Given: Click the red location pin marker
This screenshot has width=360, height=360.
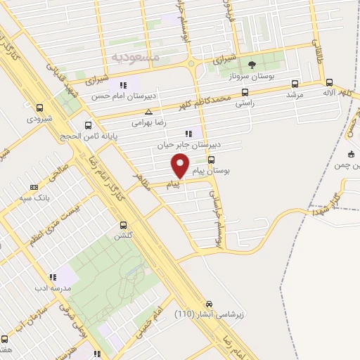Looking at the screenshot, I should pyautogui.click(x=181, y=166).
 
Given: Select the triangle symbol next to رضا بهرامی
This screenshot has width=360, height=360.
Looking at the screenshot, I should pyautogui.click(x=148, y=111).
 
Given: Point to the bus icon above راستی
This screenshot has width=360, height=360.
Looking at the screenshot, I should pyautogui.click(x=245, y=91).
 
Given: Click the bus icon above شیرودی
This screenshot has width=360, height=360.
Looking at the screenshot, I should pyautogui.click(x=39, y=108).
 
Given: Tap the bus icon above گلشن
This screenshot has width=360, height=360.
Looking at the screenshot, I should pyautogui.click(x=124, y=226).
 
